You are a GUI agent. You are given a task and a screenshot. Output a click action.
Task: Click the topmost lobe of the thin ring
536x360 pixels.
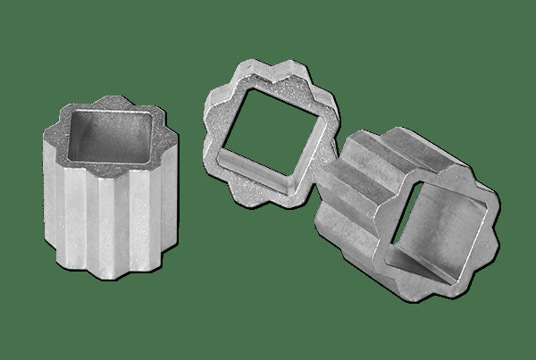tap(253, 67)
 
